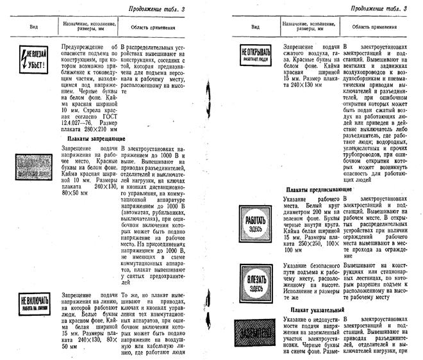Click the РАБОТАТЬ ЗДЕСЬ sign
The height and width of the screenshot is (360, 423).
coord(255,224)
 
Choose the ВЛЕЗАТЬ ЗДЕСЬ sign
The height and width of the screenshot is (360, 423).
coord(255,279)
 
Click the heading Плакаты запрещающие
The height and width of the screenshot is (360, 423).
coord(95,138)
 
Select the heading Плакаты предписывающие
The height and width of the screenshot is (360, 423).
coord(319,190)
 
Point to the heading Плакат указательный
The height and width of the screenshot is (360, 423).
coord(313,310)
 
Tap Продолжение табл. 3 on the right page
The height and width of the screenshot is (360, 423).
coord(375,9)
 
